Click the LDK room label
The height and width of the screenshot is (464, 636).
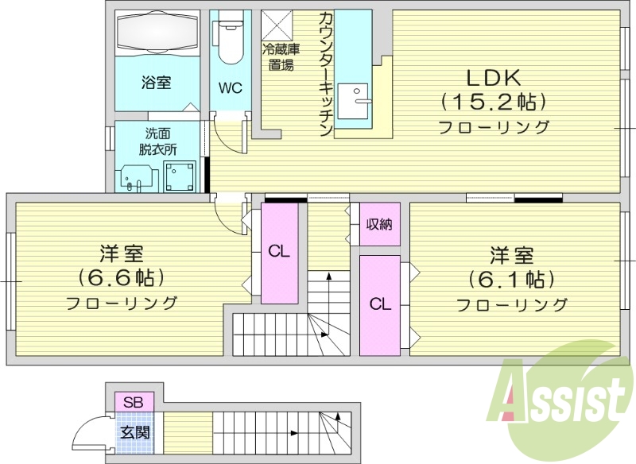click(493, 78)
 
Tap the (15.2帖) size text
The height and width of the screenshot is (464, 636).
click(493, 102)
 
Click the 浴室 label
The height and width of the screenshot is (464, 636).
click(157, 82)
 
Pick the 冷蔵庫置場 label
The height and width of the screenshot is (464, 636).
click(281, 57)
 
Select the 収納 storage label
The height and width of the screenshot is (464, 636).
click(378, 224)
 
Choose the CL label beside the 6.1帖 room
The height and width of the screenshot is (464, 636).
click(380, 303)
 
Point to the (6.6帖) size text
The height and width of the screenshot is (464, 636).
click(121, 277)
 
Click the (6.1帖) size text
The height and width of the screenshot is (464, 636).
click(511, 279)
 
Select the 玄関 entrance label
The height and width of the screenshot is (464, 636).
click(133, 433)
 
